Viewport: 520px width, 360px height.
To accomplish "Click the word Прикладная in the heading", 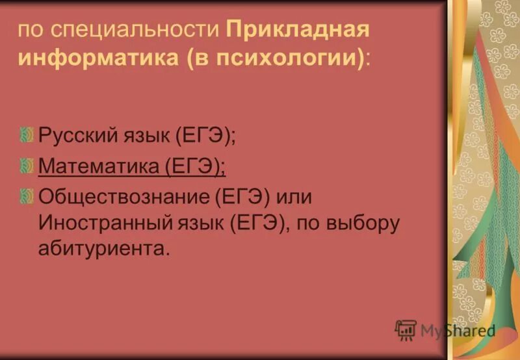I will click(x=298, y=30).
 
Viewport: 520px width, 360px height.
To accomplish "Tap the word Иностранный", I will click(x=102, y=222).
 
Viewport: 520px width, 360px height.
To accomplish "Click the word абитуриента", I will click(x=103, y=250).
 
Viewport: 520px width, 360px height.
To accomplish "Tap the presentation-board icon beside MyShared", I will click(x=406, y=330).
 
